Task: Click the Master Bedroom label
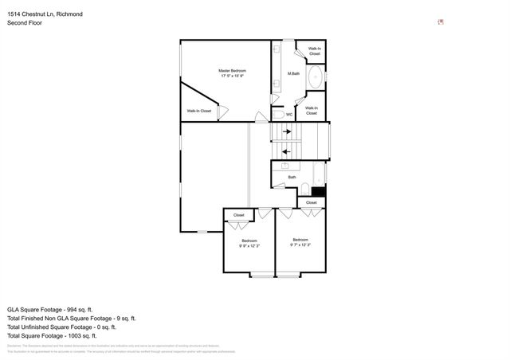(232, 70)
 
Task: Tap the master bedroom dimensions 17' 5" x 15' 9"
(232, 76)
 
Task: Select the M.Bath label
(293, 74)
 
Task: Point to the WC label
(289, 114)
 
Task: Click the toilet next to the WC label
(277, 114)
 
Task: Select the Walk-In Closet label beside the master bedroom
(199, 111)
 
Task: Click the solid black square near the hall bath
(318, 191)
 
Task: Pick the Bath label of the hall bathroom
(292, 177)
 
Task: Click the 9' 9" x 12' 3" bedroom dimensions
(249, 246)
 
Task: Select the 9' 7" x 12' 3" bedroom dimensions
(300, 245)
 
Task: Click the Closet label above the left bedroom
(239, 215)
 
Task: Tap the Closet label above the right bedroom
(311, 202)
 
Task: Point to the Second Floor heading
(25, 24)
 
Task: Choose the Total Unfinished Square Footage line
(61, 327)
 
